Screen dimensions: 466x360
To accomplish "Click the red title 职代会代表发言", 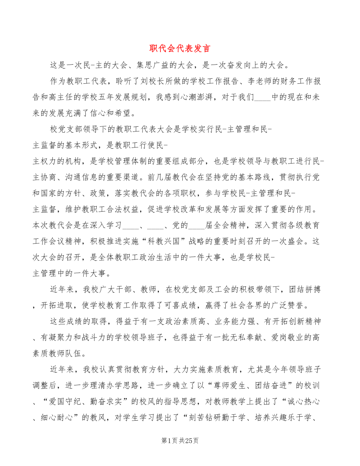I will pos(180,49).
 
